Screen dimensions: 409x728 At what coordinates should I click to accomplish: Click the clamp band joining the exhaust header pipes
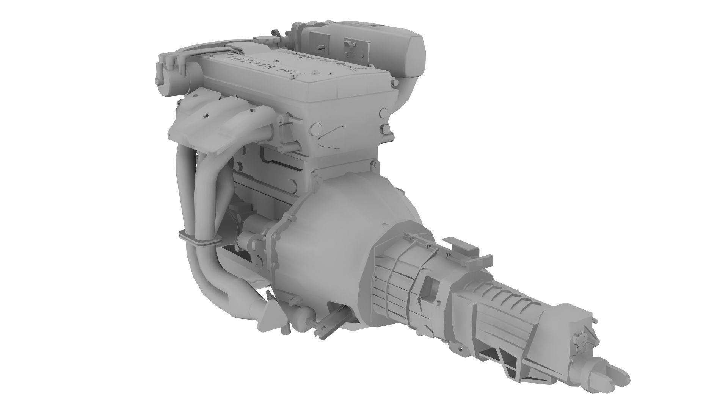point(199,240)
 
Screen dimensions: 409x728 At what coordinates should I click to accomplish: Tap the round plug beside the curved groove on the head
point(314,130)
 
